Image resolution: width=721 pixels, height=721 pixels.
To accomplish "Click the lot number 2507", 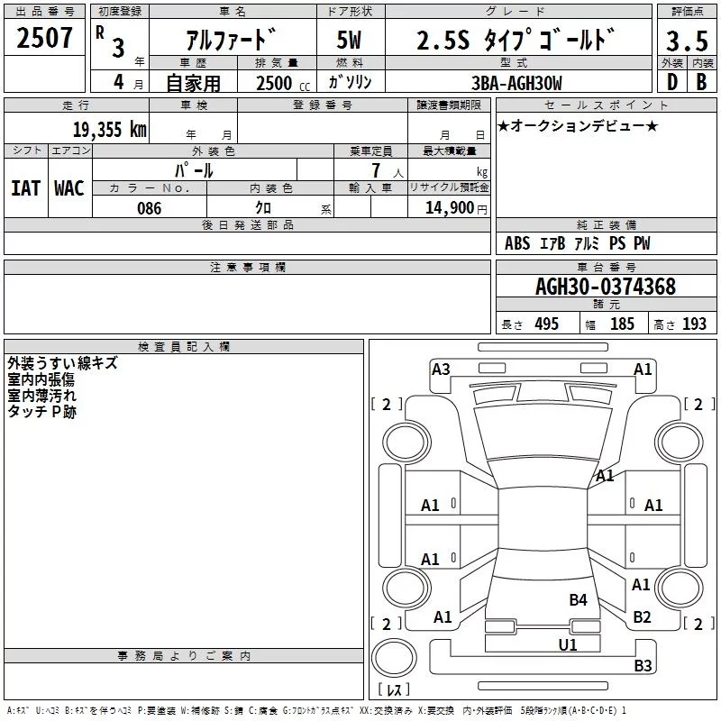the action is [44, 38].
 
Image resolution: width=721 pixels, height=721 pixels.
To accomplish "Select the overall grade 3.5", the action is [687, 41].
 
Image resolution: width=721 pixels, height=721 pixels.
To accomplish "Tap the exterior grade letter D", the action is [672, 82].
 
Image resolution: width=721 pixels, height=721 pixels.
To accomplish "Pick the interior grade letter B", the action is [701, 82].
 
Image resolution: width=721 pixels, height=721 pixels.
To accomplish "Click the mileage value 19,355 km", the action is [110, 130].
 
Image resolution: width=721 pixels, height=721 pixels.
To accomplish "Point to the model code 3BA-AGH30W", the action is [516, 83].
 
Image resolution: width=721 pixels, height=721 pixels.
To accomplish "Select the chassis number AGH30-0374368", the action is [606, 287].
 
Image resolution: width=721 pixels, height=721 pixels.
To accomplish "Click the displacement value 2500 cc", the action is [283, 83].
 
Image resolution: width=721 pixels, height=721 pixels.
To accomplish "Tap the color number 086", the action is [150, 208].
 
